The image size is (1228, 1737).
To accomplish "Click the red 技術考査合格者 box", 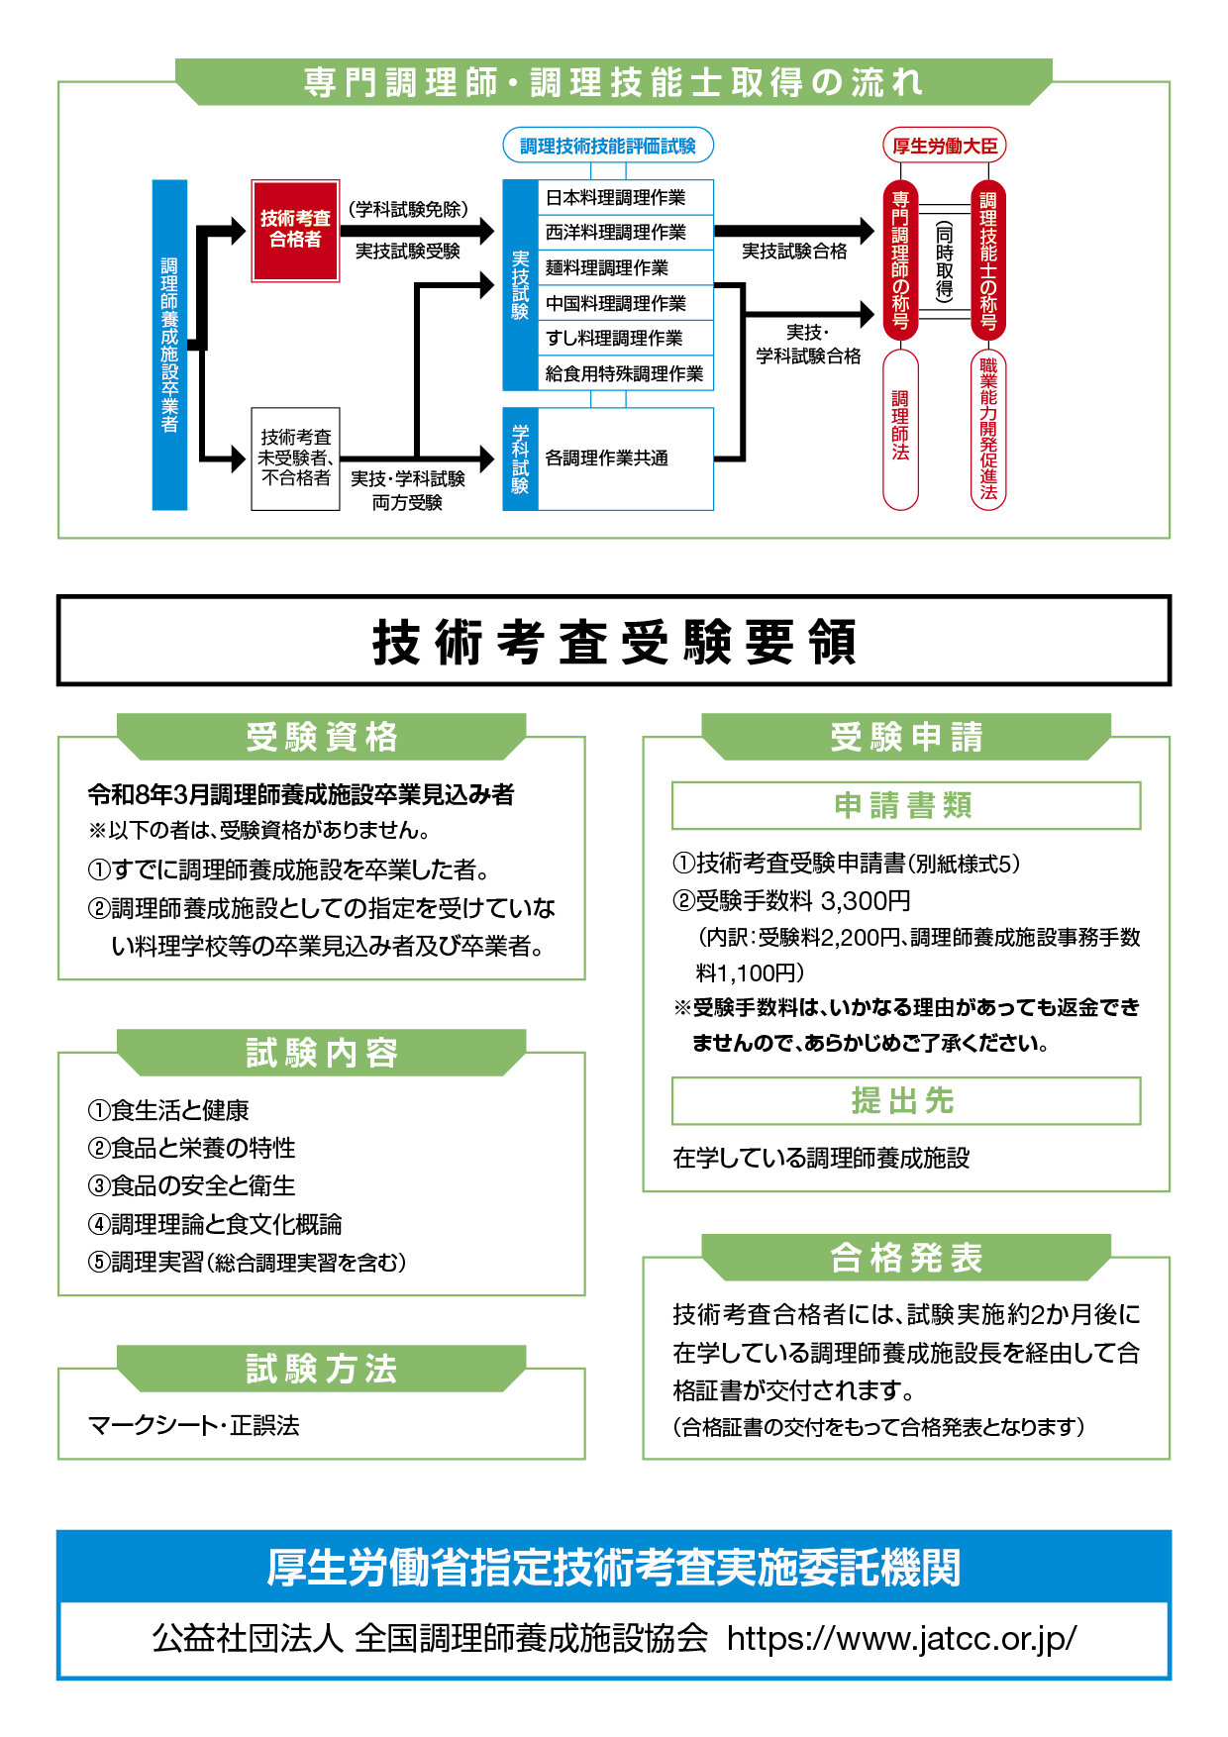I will pyautogui.click(x=295, y=230).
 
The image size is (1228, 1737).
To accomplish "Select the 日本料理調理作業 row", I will pyautogui.click(x=625, y=197).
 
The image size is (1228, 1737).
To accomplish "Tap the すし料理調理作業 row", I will pyautogui.click(x=625, y=338).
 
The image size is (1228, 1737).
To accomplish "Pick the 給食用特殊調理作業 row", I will pyautogui.click(x=625, y=373).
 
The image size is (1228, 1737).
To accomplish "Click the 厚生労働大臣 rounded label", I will pyautogui.click(x=944, y=146).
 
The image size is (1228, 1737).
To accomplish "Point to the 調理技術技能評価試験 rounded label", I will pyautogui.click(x=608, y=146).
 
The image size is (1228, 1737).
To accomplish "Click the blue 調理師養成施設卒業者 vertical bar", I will pyautogui.click(x=169, y=345).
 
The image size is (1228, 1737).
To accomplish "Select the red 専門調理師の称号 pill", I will pyautogui.click(x=900, y=260).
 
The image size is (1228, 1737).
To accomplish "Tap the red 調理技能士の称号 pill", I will pyautogui.click(x=988, y=260).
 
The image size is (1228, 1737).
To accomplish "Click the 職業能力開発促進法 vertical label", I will pyautogui.click(x=988, y=430).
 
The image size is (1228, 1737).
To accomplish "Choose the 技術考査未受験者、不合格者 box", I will pyautogui.click(x=295, y=458).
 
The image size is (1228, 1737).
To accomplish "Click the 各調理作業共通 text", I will pyautogui.click(x=607, y=458).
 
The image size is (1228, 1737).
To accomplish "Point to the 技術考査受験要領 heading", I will pyautogui.click(x=614, y=641).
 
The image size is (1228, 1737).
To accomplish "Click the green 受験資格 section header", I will pyautogui.click(x=322, y=737).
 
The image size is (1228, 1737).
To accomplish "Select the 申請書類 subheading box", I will pyautogui.click(x=905, y=805).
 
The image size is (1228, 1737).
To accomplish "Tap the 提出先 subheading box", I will pyautogui.click(x=905, y=1100).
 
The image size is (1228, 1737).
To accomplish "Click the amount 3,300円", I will pyautogui.click(x=865, y=901).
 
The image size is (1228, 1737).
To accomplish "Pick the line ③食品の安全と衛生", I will pyautogui.click(x=192, y=1185).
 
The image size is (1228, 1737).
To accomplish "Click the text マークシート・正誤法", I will pyautogui.click(x=194, y=1425).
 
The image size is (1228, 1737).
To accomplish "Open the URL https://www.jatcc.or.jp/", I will pyautogui.click(x=901, y=1638).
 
